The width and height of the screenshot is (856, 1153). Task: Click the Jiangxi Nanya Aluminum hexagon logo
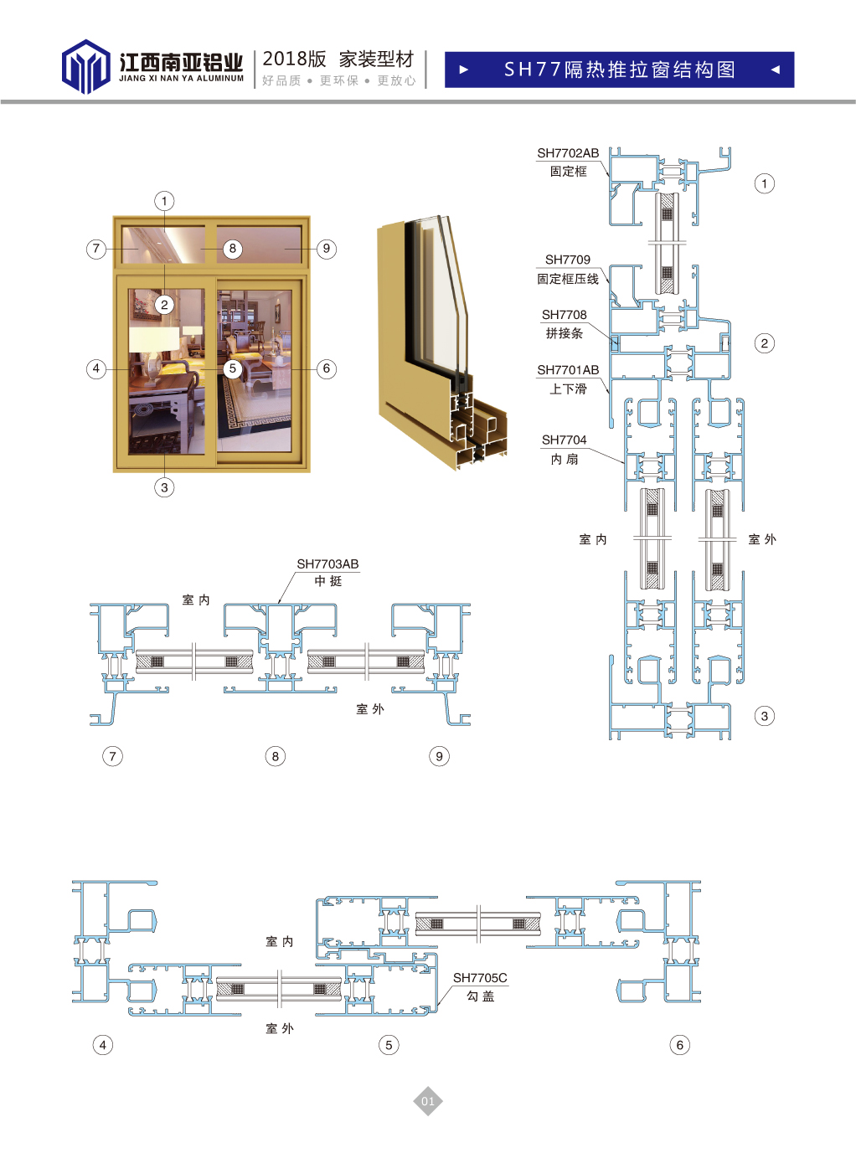tap(85, 66)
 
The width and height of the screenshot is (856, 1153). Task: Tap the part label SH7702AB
tap(568, 153)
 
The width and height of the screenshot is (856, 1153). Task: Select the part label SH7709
tap(567, 260)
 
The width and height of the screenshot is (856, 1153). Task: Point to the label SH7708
tap(564, 315)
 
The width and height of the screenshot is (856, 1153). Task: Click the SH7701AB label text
tap(568, 370)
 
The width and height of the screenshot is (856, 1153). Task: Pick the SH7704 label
tap(564, 440)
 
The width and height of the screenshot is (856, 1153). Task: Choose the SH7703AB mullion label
tap(327, 564)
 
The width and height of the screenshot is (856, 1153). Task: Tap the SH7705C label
tap(479, 978)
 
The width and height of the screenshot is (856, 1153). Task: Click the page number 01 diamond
tap(428, 1100)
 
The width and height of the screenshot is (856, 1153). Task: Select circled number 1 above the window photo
tap(164, 201)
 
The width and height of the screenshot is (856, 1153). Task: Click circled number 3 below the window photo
tap(164, 487)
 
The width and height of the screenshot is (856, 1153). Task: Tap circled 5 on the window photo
tap(233, 368)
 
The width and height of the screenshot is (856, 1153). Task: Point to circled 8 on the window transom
tap(233, 249)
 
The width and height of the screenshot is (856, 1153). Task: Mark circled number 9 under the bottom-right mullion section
tap(439, 756)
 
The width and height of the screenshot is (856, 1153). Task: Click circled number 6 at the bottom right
tap(680, 1045)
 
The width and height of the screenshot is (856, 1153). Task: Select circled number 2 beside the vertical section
tap(764, 343)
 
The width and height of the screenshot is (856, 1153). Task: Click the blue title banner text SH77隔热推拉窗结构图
tap(619, 69)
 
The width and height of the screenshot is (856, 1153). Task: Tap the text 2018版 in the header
tap(294, 59)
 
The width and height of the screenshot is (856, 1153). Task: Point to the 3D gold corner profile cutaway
tap(442, 343)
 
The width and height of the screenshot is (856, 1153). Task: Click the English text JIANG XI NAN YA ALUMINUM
tap(182, 79)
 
